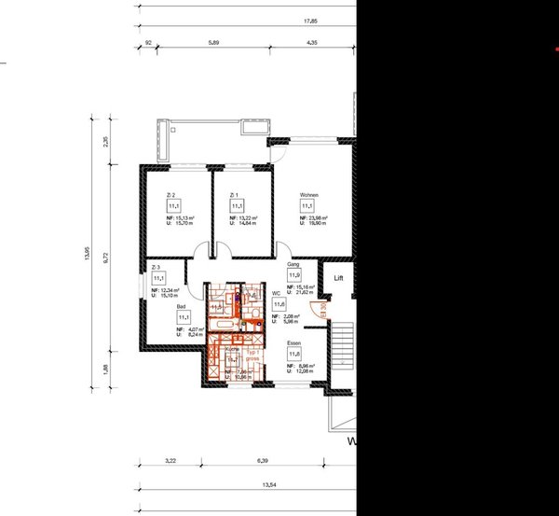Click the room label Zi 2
[x=170, y=194]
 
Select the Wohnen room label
[x=308, y=194]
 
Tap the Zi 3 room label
[x=156, y=268]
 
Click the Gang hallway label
[x=293, y=265]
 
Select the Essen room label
[x=293, y=343]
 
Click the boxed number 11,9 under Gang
[x=293, y=276]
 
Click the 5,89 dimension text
[x=213, y=43]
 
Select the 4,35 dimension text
[x=312, y=43]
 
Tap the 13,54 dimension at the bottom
[x=269, y=483]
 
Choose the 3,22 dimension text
[x=170, y=460]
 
